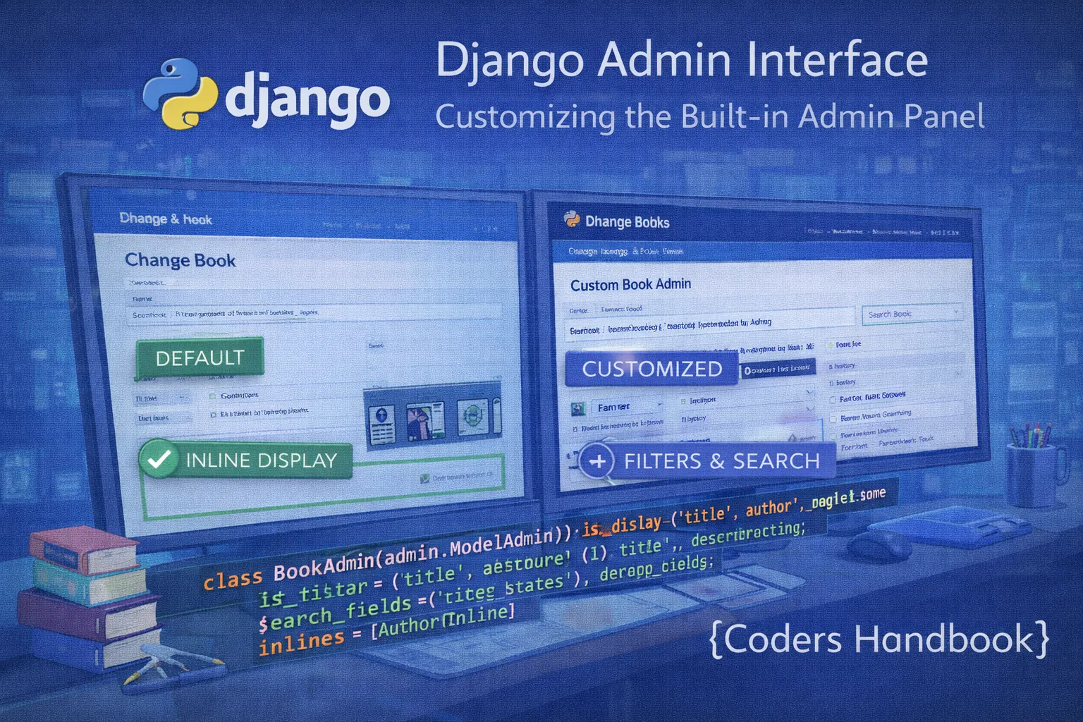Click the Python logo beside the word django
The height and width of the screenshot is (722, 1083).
[179, 94]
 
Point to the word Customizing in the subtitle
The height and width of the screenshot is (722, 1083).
[525, 117]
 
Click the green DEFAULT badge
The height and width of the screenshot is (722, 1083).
[200, 357]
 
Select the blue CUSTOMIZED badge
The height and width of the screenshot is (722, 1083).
[651, 369]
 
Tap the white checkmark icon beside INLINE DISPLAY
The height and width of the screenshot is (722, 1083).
[159, 459]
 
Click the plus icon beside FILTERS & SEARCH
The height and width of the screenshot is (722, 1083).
[597, 462]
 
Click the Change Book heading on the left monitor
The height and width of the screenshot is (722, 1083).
[180, 261]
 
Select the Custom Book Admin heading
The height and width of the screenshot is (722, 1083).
[630, 285]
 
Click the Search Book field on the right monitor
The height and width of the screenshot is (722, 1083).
[911, 314]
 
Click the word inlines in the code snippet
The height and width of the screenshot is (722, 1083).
[301, 642]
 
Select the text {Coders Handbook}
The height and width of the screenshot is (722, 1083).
[879, 640]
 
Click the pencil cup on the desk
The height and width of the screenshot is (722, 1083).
[1033, 471]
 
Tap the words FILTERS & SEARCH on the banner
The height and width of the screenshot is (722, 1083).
[721, 461]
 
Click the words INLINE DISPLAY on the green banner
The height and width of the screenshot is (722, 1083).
[261, 460]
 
